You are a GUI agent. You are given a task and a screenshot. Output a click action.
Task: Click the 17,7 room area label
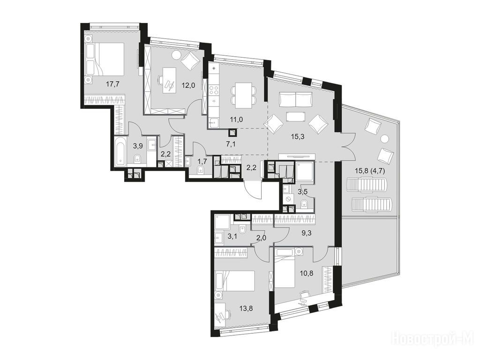point(112,84)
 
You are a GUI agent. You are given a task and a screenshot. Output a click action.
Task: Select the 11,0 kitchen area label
point(236,120)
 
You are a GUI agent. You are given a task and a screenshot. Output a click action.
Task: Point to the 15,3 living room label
point(298,136)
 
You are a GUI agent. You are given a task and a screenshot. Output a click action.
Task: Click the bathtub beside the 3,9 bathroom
point(120,151)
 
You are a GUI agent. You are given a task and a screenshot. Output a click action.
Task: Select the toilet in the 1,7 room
point(201,169)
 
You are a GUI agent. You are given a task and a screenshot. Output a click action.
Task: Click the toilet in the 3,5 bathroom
point(304,203)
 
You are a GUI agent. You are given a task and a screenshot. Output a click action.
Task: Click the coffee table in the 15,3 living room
point(296,117)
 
